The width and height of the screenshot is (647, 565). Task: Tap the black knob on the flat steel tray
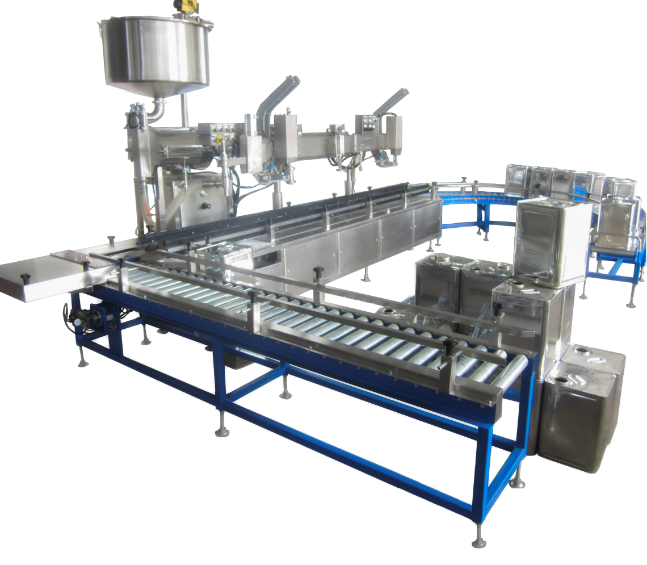tap(26, 277)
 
